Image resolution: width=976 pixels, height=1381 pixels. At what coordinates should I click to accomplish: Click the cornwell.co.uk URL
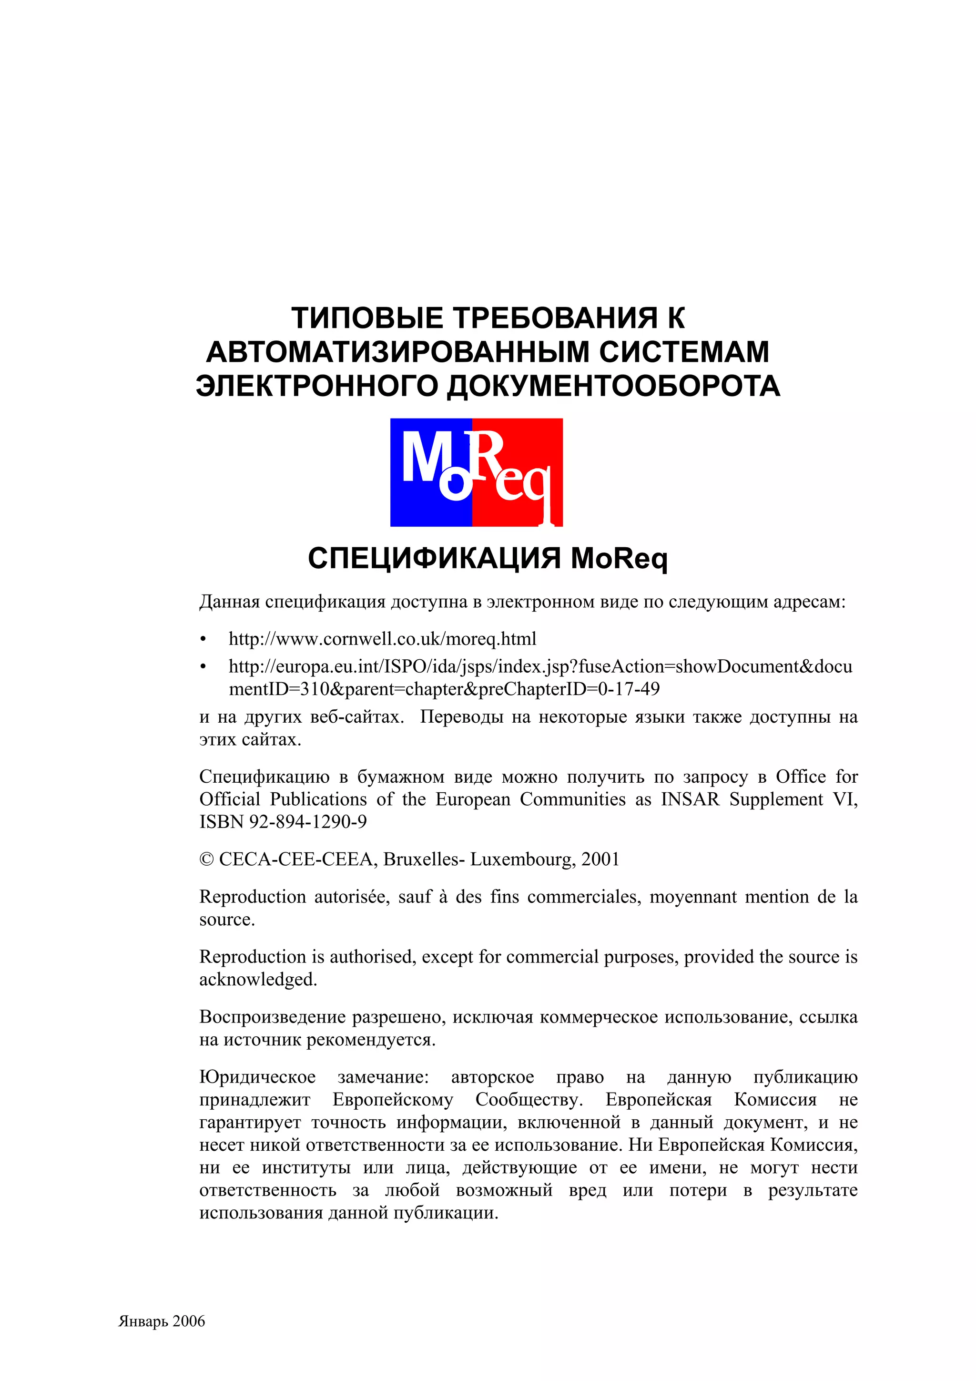click(383, 639)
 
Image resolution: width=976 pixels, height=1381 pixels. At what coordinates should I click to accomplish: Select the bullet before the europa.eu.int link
click(203, 667)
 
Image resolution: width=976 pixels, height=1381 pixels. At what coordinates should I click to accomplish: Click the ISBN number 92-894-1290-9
click(308, 822)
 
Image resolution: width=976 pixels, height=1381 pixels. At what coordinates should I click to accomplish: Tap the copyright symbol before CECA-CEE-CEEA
click(206, 859)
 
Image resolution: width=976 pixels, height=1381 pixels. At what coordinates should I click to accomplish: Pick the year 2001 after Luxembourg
click(600, 859)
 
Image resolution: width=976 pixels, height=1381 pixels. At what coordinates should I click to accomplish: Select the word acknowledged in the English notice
click(258, 980)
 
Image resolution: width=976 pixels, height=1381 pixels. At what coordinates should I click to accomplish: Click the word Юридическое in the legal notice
click(257, 1077)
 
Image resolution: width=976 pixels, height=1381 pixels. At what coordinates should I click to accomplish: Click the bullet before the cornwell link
click(203, 639)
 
